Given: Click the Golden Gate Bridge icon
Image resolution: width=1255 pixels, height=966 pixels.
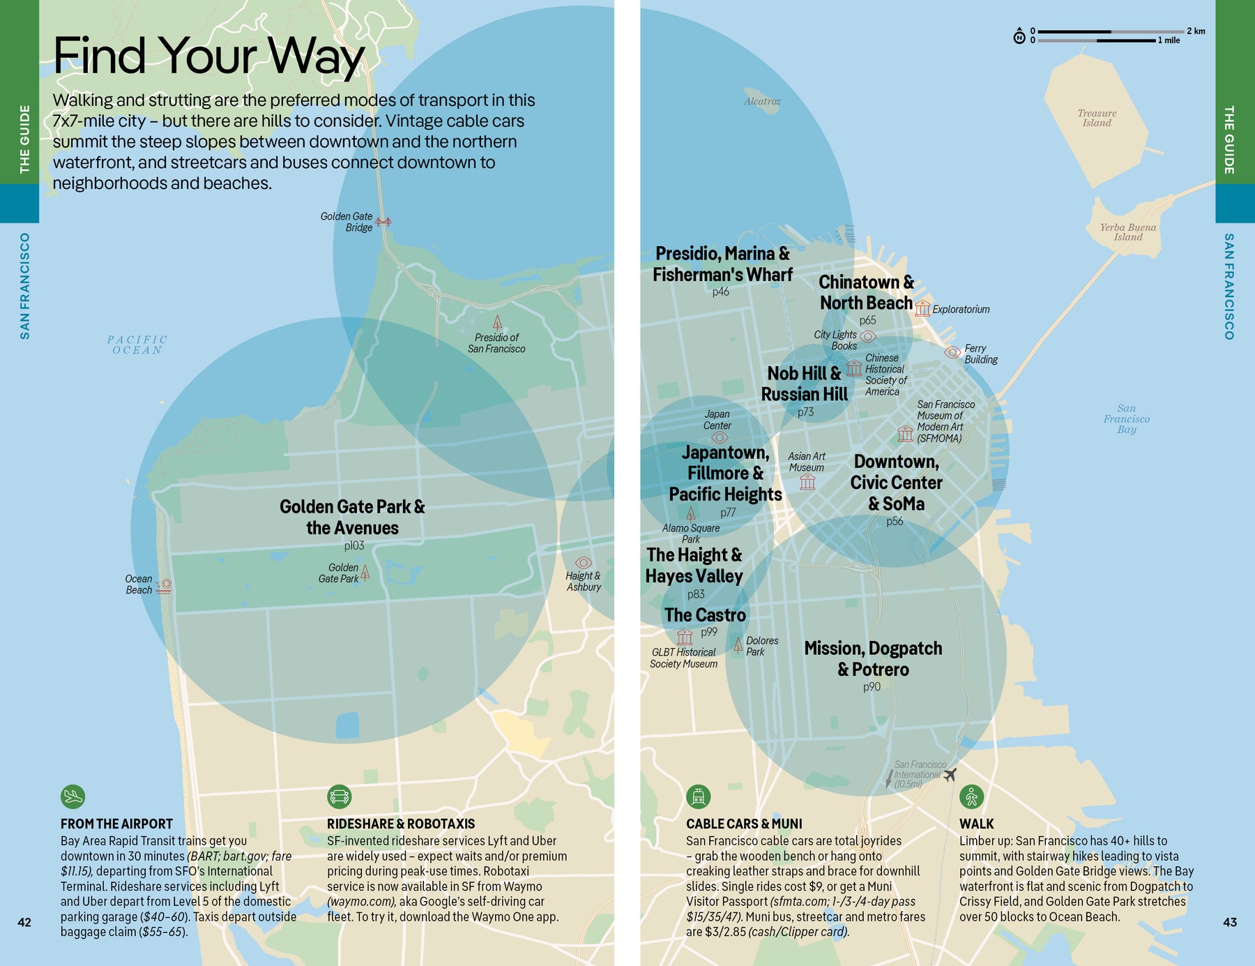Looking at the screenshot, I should [x=383, y=222].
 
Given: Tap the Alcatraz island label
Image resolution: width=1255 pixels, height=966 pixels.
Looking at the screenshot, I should [x=761, y=101].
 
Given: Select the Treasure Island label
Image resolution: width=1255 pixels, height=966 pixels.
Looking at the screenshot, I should [x=1097, y=118].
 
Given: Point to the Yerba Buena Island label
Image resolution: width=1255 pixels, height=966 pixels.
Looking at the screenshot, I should [x=1127, y=232].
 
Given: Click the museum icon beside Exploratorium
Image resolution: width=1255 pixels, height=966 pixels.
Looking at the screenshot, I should [x=922, y=308].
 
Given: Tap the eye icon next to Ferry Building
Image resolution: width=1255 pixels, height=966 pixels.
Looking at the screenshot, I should [x=952, y=352].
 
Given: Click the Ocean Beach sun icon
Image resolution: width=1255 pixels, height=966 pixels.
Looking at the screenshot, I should [x=164, y=586].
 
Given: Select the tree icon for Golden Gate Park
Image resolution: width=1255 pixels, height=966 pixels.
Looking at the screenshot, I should [x=365, y=573].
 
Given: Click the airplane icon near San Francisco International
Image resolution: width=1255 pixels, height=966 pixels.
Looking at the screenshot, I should [x=949, y=774].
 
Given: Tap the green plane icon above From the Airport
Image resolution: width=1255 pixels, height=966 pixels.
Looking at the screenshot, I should [x=73, y=796].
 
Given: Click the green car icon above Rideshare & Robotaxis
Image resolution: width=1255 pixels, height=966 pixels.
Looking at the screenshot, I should [x=339, y=796].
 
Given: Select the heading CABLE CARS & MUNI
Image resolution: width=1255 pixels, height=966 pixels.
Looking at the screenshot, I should [x=744, y=824].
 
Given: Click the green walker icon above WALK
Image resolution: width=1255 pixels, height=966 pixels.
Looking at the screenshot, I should [x=971, y=796].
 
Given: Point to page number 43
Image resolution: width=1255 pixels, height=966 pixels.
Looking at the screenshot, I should [x=1229, y=922].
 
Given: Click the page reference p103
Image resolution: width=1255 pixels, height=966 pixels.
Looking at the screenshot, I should [x=353, y=545].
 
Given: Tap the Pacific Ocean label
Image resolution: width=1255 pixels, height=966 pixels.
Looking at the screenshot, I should [x=137, y=345].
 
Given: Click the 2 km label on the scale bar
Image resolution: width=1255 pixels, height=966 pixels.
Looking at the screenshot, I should [x=1195, y=31].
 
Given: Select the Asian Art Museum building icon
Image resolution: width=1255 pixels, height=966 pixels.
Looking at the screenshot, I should [x=807, y=482].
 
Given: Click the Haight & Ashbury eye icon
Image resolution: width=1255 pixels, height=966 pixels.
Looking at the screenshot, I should [x=584, y=562].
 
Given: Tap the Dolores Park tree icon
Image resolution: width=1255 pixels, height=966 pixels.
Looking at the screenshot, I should [x=738, y=644].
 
